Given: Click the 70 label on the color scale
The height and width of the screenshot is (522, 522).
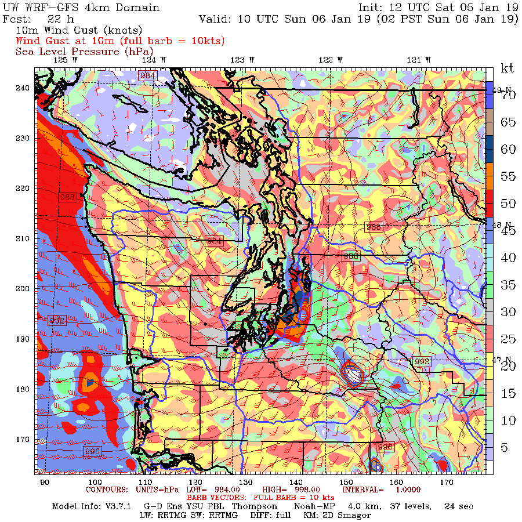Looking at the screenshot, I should point(508,96).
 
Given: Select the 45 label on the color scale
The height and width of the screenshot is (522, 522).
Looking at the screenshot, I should point(508,231).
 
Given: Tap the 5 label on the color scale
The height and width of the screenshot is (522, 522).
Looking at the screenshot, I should point(505,447).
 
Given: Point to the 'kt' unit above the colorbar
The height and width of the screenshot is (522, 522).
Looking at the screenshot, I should point(507,68).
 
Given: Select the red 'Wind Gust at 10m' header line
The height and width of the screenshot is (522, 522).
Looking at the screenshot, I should point(120,41).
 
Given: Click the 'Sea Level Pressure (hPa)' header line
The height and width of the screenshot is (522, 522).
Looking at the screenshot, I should point(84,52).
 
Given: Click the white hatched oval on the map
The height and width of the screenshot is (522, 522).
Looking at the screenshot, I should point(351,376).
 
